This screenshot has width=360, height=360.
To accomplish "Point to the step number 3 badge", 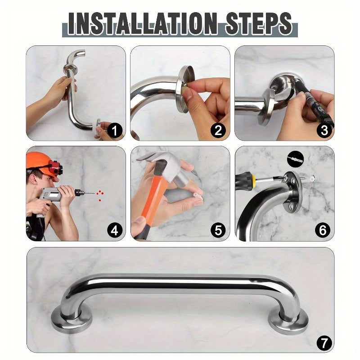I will tap(323, 131).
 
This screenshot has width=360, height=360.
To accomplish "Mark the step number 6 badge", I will tap(323, 231).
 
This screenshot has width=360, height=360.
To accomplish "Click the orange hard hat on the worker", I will tap(38, 159).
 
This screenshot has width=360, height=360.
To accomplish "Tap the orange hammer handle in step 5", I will tap(144, 202).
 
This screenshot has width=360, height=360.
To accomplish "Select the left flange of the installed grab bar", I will tap(72, 318).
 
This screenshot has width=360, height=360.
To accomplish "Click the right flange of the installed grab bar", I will tap(288, 320).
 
